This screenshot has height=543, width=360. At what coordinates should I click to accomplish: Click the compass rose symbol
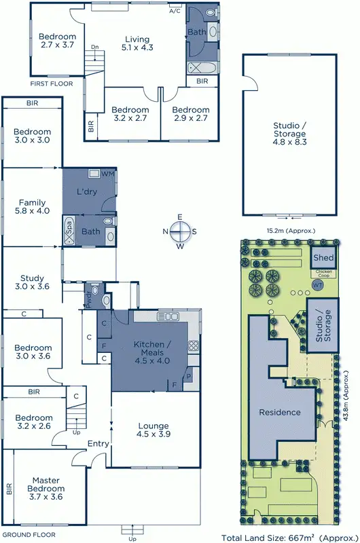pyautogui.click(x=180, y=231)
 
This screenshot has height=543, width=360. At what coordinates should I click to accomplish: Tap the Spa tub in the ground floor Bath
pyautogui.click(x=70, y=231)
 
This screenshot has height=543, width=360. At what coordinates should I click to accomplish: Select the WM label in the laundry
pyautogui.click(x=107, y=174)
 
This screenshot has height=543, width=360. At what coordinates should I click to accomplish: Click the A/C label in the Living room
pyautogui.click(x=175, y=12)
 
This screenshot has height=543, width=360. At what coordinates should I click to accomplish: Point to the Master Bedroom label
pyautogui.click(x=46, y=484)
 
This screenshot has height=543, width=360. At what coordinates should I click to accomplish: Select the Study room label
pyautogui.click(x=32, y=282)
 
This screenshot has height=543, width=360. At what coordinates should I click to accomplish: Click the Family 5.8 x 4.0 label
pyautogui.click(x=32, y=207)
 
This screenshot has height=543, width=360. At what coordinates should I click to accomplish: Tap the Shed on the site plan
pyautogui.click(x=323, y=258)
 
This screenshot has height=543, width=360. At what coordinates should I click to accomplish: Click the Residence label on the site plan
pyautogui.click(x=279, y=412)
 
